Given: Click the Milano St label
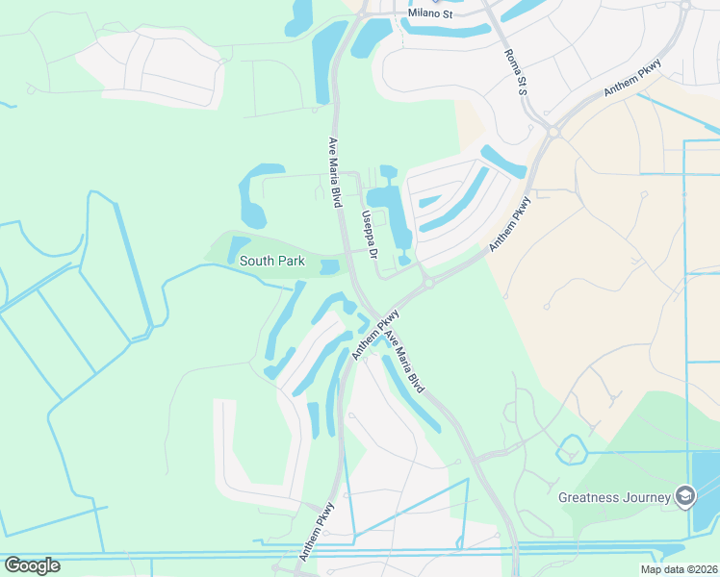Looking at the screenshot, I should pos(429,14).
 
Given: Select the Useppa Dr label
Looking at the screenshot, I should pos(368,233).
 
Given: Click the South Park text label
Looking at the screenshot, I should pos(272,261).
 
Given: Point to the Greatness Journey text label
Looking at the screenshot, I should pos(615,497).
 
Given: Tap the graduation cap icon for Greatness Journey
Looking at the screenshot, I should pos(685,496).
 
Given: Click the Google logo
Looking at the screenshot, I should pos(32,565).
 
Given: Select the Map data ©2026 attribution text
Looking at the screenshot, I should pos(679,569).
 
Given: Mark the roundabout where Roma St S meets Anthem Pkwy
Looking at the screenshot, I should pos(553,132).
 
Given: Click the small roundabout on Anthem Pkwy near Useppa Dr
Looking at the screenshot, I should pos(426,283).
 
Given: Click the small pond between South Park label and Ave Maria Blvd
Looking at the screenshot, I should pos(329,266).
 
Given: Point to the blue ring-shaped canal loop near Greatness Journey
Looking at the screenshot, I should pos(572,449).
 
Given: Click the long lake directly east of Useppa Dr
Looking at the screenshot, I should pos(395,216).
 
